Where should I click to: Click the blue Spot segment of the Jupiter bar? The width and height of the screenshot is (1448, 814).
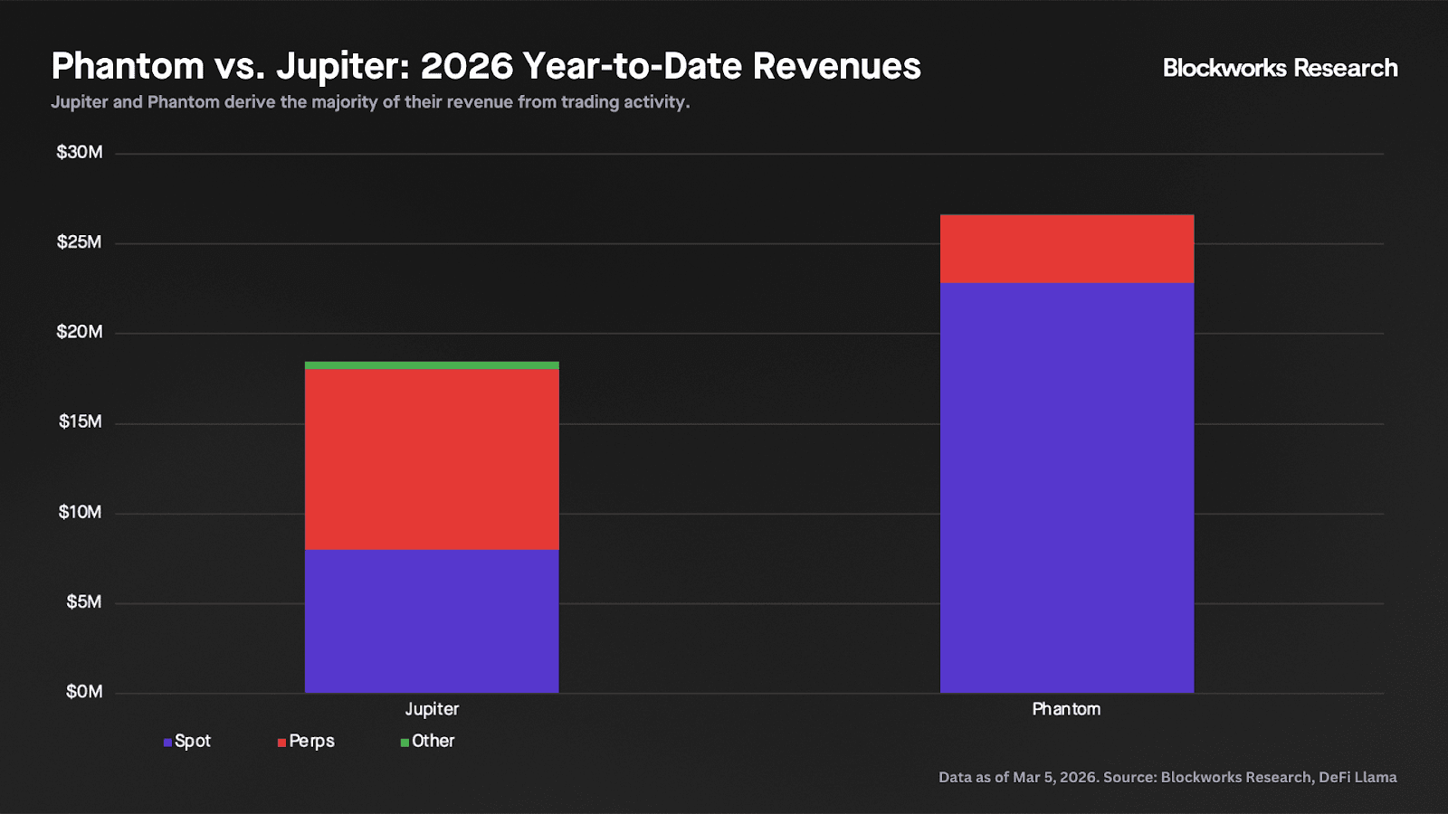(432, 620)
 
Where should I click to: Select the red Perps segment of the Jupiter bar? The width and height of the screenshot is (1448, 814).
(432, 459)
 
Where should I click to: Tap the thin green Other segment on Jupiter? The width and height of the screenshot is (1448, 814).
(432, 365)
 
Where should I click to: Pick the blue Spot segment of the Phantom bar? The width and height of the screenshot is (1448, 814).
(1067, 487)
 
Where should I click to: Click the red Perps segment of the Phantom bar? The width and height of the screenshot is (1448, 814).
(1067, 249)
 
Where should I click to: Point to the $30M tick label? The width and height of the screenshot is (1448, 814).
(80, 152)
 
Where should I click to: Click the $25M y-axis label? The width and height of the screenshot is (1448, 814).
(80, 242)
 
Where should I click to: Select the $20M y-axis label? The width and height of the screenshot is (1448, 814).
(80, 332)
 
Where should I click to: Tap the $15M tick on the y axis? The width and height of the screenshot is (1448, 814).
(81, 421)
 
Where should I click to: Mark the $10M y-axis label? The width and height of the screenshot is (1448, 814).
(81, 512)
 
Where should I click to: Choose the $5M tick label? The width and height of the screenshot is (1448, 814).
(84, 601)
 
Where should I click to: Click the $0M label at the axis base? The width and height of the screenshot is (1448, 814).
(84, 692)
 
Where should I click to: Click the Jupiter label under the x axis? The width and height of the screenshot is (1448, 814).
(432, 709)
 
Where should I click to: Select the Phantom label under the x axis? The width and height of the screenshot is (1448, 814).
(1066, 709)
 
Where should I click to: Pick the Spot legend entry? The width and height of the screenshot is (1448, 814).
(187, 742)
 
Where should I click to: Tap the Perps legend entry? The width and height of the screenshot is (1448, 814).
(307, 742)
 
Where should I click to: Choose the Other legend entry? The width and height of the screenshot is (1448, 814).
(428, 742)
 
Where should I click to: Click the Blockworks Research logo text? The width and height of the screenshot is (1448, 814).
(1280, 68)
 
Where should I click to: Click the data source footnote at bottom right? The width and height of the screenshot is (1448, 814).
(1167, 777)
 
